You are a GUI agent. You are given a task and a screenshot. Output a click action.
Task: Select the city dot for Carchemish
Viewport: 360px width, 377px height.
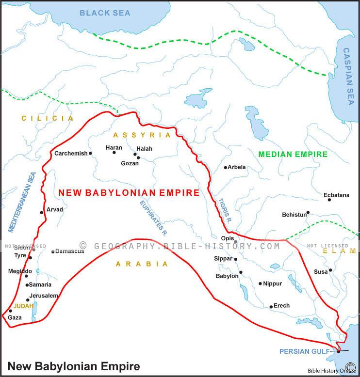[x=90, y=153]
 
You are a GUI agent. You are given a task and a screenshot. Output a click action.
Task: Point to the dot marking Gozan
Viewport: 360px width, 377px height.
[x=138, y=157]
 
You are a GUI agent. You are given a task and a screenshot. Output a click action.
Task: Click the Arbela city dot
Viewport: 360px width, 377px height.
[x=225, y=168]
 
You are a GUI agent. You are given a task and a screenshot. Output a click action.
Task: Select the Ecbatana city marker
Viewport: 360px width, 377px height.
[x=329, y=200]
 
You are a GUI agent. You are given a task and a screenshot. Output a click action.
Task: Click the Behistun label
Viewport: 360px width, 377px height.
[x=294, y=215]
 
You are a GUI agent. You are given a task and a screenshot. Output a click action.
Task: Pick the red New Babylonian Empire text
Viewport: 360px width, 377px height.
[x=129, y=193]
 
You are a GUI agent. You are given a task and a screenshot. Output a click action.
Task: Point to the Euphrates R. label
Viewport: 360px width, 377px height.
[x=153, y=218]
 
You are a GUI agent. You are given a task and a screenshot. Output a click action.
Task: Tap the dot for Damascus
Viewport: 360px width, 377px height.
[x=53, y=251]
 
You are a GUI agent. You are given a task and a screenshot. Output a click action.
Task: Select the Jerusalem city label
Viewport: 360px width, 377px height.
[x=44, y=296]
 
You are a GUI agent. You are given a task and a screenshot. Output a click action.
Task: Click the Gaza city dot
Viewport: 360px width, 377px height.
[x=10, y=311]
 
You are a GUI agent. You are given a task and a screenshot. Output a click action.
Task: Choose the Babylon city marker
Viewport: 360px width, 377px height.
[x=241, y=272]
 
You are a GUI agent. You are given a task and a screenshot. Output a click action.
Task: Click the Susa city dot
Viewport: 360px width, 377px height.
[x=330, y=270]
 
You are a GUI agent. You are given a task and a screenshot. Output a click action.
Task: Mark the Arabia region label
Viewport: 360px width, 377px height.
[x=142, y=264]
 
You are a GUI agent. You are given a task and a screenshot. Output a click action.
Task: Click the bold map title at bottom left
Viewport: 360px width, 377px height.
[x=73, y=366]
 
